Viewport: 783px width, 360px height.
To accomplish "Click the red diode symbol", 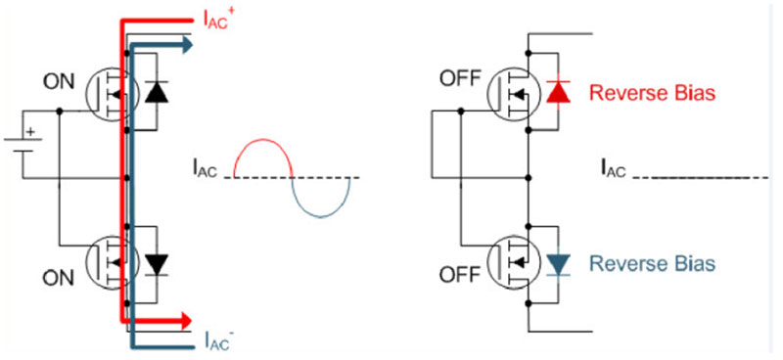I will coord(558,92).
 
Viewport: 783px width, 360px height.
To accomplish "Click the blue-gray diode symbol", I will coord(558,263).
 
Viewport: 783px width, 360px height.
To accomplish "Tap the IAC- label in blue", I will coord(217,342).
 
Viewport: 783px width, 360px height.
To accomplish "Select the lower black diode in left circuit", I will coord(156,263).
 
